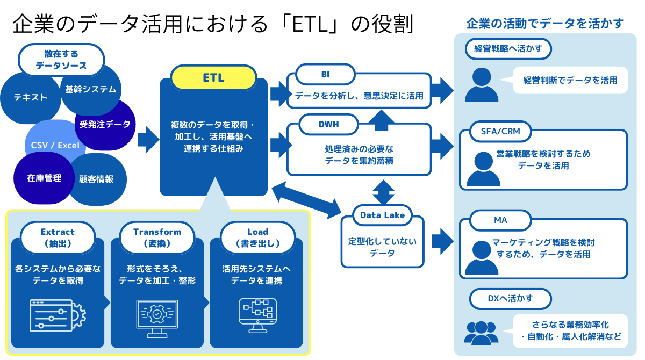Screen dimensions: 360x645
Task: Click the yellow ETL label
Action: [213, 78]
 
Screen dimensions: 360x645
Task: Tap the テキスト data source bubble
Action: [30, 98]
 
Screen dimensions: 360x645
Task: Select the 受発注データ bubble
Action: [105, 125]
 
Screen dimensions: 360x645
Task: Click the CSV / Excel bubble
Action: [55, 145]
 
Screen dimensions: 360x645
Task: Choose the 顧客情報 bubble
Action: [97, 179]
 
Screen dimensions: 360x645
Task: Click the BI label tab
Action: [325, 75]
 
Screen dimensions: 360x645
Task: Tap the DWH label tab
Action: [328, 125]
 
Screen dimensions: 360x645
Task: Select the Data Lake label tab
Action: [382, 215]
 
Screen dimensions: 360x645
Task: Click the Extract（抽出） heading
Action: [58, 237]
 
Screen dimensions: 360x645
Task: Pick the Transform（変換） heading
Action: [157, 237]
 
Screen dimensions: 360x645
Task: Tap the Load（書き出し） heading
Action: [257, 237]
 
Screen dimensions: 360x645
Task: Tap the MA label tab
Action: [500, 220]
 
